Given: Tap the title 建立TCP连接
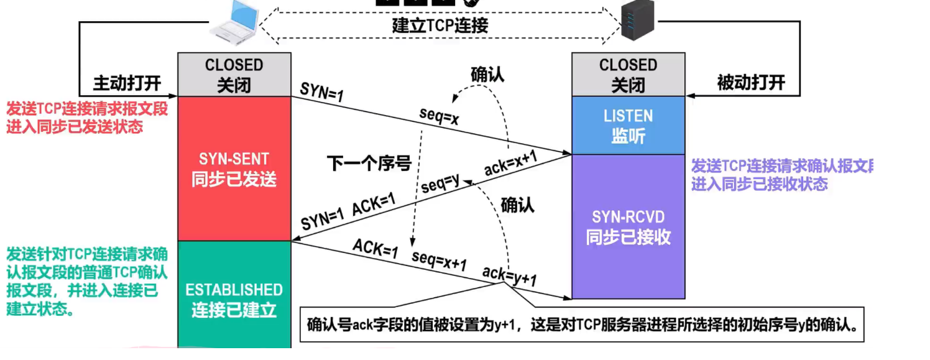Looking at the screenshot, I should point(440,25).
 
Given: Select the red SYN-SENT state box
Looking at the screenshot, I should point(234,168).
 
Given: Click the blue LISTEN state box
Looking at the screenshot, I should point(628,125).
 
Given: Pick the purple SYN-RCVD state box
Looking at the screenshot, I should point(628,226).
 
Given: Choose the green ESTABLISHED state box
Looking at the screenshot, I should point(234,299).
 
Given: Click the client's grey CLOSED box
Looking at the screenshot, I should point(234,74).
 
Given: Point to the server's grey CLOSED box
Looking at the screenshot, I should point(628,74).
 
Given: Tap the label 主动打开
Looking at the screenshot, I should point(127,83).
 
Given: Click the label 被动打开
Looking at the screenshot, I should point(751,83).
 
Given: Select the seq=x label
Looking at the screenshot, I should point(439,118).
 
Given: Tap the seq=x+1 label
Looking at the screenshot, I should point(439,261).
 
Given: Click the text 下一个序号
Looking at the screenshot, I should point(369,164).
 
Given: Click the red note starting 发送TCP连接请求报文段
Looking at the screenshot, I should point(87,118).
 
